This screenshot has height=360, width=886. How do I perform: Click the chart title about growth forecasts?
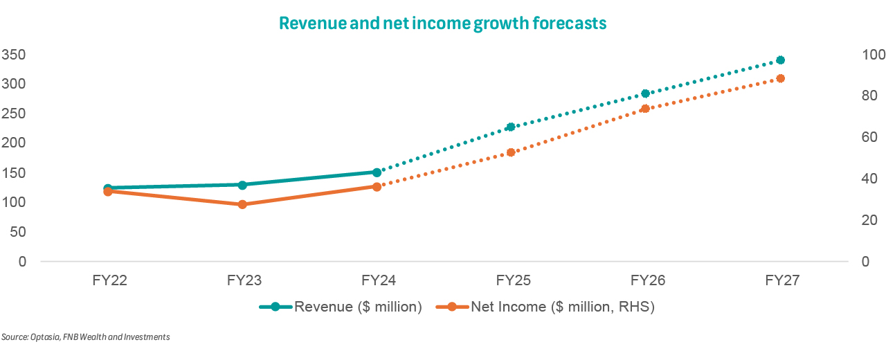(442, 23)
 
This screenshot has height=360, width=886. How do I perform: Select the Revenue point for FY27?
(780, 60)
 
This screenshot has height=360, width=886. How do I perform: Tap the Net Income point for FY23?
(242, 204)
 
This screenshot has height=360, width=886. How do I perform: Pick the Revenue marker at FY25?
(511, 127)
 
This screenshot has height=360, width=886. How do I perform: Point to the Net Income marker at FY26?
(645, 109)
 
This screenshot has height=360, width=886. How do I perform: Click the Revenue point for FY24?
(377, 172)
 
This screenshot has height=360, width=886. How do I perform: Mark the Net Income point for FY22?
(108, 191)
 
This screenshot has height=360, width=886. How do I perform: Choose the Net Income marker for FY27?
(780, 78)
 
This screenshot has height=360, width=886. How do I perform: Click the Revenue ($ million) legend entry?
(341, 307)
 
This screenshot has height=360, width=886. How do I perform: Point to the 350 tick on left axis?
(14, 54)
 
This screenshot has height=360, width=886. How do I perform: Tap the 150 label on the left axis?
(14, 172)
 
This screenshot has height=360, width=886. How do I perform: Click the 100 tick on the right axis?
(869, 54)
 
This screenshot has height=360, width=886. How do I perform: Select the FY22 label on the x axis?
(108, 281)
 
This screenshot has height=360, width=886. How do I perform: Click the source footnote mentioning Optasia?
(86, 337)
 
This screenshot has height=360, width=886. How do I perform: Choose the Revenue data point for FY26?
(645, 93)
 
